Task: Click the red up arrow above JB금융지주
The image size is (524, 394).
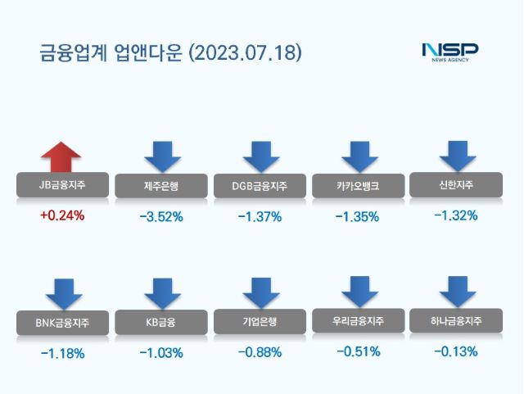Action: point(61,156)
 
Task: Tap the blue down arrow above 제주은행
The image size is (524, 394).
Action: point(161,156)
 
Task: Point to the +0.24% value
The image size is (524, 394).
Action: point(61,217)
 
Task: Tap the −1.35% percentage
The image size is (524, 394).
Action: point(358,217)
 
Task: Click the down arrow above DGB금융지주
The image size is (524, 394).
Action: point(260,156)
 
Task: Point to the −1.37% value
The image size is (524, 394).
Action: point(260,217)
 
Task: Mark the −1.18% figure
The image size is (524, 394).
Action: point(61,354)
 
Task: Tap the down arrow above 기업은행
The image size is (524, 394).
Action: point(260,293)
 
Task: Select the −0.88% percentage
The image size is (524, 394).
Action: point(260,353)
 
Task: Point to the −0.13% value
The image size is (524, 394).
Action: point(456,352)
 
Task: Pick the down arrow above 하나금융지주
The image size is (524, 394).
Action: point(457,292)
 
